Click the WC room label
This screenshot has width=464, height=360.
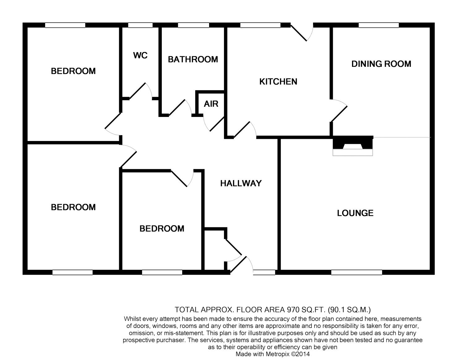point(140,56)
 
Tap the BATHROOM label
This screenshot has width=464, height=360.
point(193,59)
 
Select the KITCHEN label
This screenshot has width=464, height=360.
point(278,82)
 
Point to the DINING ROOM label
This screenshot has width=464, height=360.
point(381,64)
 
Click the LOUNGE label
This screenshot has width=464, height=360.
point(355,213)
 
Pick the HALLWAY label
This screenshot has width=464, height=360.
point(241,183)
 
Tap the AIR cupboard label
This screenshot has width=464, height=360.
point(211,104)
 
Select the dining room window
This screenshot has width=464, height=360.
point(378,25)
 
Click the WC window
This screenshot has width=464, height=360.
point(140,25)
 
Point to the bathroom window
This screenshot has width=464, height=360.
point(193,25)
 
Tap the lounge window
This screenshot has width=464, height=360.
point(356,272)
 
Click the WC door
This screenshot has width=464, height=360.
point(138,91)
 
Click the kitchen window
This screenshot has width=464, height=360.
point(260,25)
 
